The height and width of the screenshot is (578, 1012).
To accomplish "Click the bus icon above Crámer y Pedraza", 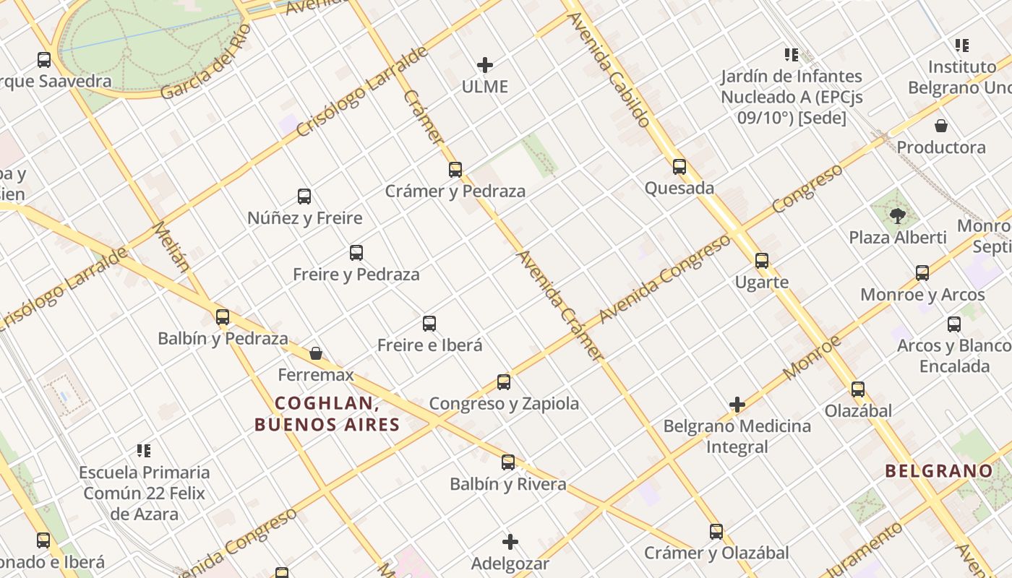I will (455, 170).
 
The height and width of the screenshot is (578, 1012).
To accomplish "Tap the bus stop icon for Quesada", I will (679, 167).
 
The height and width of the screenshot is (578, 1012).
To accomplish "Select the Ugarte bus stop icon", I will (762, 261).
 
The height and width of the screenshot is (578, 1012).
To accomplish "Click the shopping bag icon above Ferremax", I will (316, 353).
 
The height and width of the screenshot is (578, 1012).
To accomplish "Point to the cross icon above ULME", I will (485, 65).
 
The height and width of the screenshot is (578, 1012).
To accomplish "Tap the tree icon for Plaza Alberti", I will (898, 215).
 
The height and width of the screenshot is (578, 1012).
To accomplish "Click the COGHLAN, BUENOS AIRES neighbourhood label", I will (327, 414).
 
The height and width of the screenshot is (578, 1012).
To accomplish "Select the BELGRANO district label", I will (939, 471).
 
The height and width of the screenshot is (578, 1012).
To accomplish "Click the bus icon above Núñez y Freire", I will (304, 196).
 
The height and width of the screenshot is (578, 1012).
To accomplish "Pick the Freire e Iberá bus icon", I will (429, 323).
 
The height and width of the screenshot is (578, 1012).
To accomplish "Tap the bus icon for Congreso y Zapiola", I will (504, 381).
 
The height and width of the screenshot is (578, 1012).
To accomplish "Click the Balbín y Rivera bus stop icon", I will (508, 462).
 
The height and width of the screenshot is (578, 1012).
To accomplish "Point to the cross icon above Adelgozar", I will (510, 541).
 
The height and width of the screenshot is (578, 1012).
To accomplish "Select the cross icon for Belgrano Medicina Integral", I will (737, 405).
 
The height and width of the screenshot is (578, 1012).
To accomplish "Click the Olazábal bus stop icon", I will (858, 389).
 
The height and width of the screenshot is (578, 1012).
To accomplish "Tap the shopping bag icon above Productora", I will (941, 126).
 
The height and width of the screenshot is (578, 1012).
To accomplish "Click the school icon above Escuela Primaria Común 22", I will (144, 451).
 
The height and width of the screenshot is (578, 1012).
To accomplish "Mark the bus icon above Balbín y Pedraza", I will (223, 316).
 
